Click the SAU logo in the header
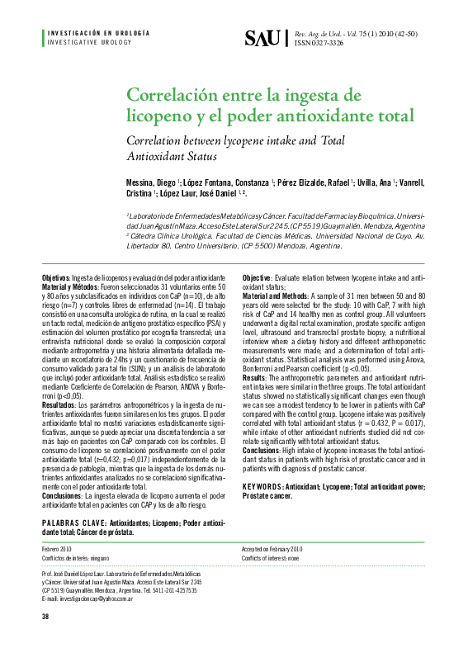coord(263,38)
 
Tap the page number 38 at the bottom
coord(45,616)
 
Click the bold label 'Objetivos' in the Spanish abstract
coord(57,277)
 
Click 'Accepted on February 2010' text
coord(272,548)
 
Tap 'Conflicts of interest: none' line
coord(270,558)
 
